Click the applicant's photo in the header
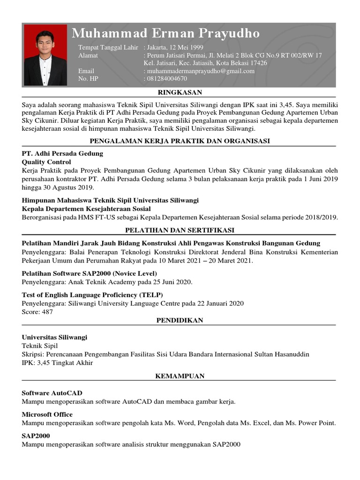[45, 55]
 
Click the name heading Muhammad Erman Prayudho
[165, 33]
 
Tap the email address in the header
[201, 71]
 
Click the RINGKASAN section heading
[180, 92]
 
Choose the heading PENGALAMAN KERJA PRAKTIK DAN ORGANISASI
[180, 141]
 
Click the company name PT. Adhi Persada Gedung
[62, 154]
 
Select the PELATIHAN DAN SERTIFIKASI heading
[180, 230]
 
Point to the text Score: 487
[37, 312]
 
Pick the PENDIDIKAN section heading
[180, 320]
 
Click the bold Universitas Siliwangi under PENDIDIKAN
[54, 337]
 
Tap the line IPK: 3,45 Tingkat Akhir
[58, 363]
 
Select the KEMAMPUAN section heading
[180, 376]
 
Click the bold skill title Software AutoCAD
[52, 393]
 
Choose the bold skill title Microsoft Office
[47, 414]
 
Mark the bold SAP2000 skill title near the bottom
[36, 436]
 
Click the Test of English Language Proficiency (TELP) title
[92, 295]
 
